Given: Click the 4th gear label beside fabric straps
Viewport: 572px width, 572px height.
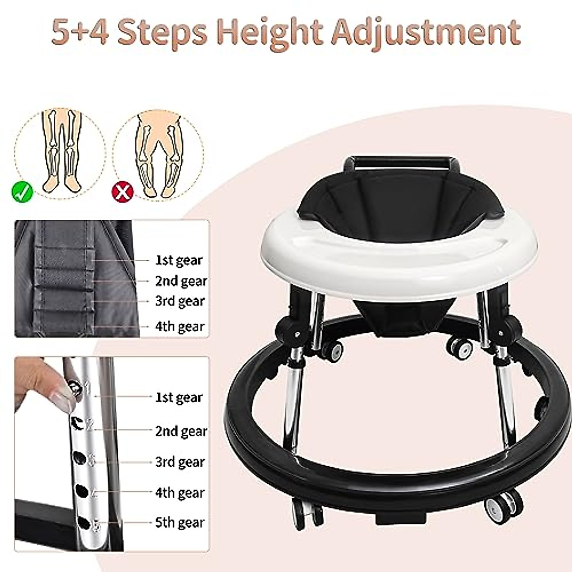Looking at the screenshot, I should tap(179, 327).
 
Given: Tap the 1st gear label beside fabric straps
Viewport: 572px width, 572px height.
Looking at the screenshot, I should tap(178, 260).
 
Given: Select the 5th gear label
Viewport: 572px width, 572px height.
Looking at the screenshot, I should tap(179, 523).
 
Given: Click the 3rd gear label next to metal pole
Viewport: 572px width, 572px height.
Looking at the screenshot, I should tap(179, 462).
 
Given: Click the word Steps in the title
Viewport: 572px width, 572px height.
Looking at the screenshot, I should tap(163, 32).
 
